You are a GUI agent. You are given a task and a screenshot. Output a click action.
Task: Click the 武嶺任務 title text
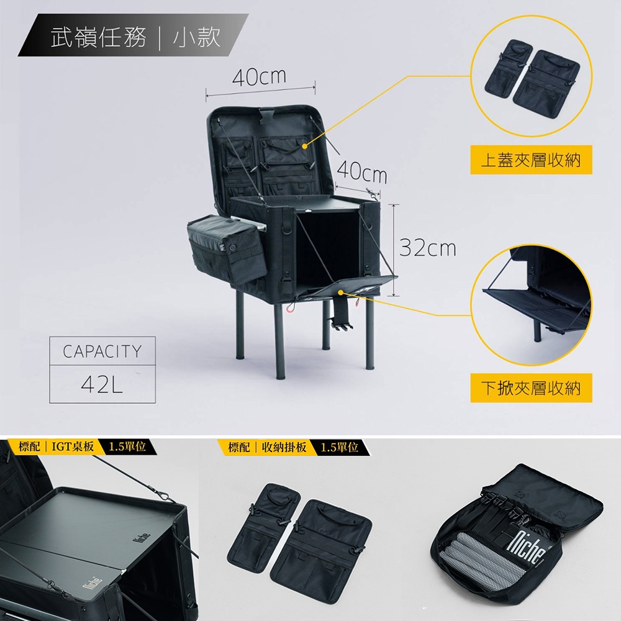pos(99,37)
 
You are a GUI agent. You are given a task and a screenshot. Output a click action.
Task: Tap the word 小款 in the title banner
pos(197,37)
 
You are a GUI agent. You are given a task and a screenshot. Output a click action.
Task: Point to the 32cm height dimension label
pos(428,248)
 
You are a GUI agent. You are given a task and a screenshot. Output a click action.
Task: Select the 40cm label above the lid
pos(259,77)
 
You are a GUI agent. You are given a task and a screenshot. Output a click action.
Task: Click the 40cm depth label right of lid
pos(362,173)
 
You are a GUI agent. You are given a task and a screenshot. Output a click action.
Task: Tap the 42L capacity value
pos(102,384)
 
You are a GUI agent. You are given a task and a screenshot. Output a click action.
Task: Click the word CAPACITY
pos(102,351)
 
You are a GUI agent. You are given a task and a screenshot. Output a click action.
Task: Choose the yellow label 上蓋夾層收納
pos(531,160)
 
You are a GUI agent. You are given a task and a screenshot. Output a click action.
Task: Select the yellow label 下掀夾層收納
pos(531,388)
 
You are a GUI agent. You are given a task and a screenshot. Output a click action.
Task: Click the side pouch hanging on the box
pos(227,249)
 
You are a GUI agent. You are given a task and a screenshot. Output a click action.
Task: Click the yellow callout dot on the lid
pos(304,146)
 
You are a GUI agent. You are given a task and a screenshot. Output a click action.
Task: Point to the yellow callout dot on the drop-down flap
pos(340,292)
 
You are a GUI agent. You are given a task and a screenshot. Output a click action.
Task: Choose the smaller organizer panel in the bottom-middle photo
pos(263,527)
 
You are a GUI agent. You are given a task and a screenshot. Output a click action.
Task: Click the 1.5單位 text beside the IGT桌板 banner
pos(127,446)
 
